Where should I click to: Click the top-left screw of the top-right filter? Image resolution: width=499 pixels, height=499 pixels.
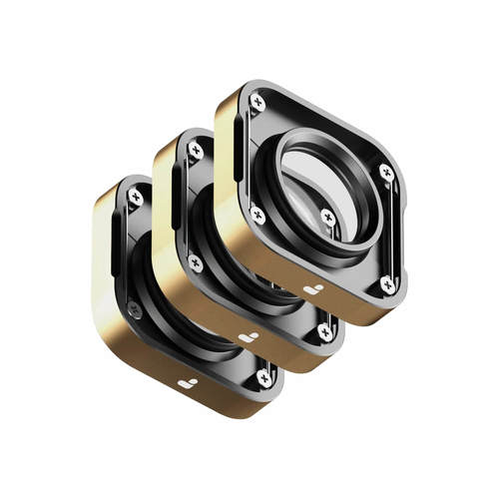pyautogui.click(x=257, y=102)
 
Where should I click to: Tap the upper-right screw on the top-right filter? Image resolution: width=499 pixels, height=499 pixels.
pyautogui.click(x=386, y=172)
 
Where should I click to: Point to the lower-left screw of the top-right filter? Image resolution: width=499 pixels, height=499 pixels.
pyautogui.click(x=257, y=214)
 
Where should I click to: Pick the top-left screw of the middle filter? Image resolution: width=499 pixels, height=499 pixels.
pyautogui.click(x=196, y=150)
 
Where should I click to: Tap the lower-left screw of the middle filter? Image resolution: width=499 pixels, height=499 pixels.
pyautogui.click(x=196, y=262)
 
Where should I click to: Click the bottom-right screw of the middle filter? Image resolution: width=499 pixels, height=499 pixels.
pyautogui.click(x=324, y=330)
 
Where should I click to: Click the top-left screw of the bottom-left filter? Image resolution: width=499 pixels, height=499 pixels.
pyautogui.click(x=135, y=197)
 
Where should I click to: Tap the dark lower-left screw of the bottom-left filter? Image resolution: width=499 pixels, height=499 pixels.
pyautogui.click(x=134, y=310)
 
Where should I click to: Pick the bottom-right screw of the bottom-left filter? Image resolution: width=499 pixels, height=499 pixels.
pyautogui.click(x=263, y=377)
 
